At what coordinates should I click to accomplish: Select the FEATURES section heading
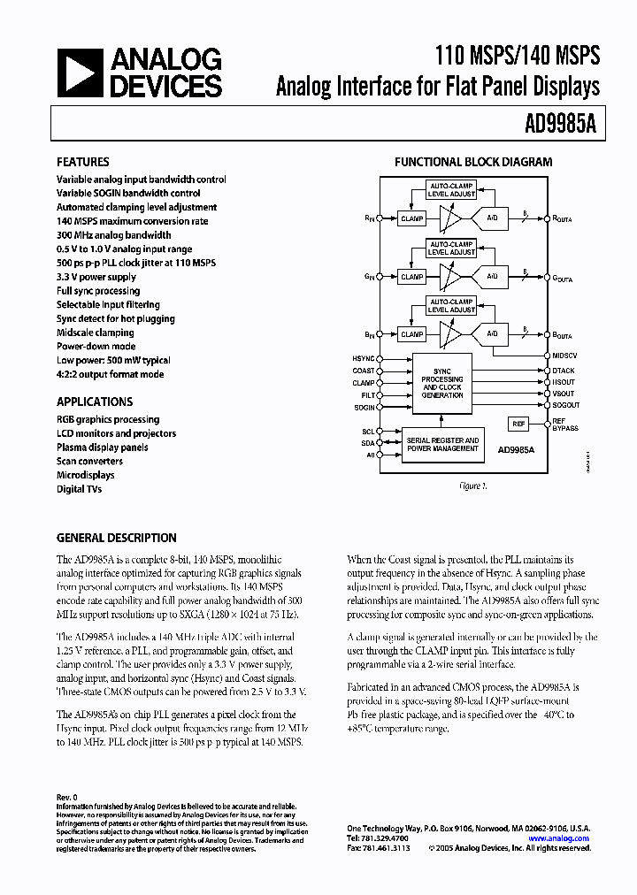tap(83, 162)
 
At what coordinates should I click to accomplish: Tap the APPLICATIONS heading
tap(95, 402)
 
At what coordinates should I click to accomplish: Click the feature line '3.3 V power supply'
tap(96, 277)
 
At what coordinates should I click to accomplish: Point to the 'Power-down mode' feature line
tap(96, 347)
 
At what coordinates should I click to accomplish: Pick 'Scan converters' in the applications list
tap(89, 461)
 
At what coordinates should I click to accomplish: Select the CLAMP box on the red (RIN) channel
tap(412, 218)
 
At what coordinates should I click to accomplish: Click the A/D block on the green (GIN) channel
tap(493, 276)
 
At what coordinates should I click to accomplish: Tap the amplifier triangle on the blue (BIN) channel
tap(452, 334)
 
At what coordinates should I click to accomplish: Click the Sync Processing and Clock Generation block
tap(443, 383)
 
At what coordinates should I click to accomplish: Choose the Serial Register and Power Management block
tap(442, 444)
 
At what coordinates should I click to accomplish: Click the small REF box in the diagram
tap(518, 425)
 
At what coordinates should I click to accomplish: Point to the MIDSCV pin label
tap(564, 356)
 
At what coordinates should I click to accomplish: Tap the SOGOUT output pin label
tap(566, 405)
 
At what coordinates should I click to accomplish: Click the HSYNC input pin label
tap(364, 358)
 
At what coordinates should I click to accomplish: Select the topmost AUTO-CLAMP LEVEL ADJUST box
tap(451, 189)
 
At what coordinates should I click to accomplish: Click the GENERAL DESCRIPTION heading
tap(116, 538)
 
